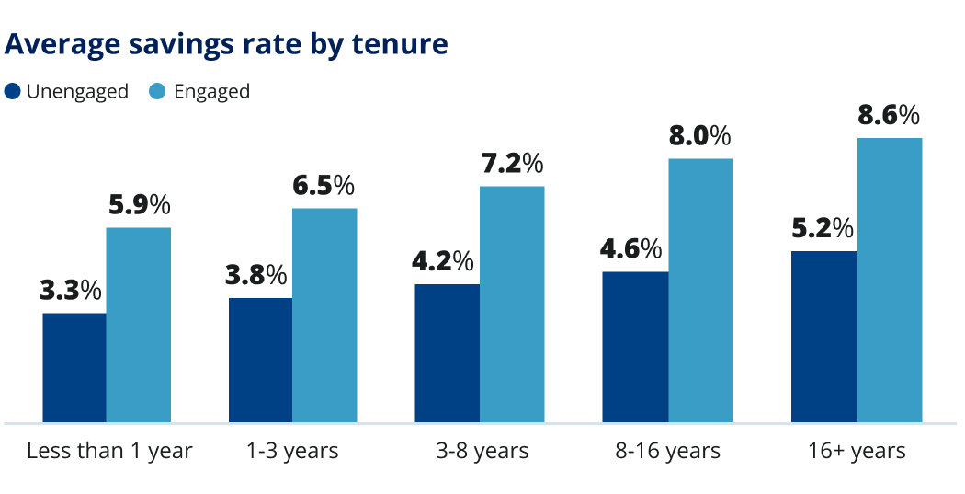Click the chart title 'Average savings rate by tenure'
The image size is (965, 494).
point(227,44)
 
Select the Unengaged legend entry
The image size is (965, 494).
point(66,91)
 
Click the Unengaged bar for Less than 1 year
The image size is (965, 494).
point(74,368)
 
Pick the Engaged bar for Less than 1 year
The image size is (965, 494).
point(139,325)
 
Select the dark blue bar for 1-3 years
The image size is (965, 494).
point(260,361)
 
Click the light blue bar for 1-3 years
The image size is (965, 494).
point(324,316)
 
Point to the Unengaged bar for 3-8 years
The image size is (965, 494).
point(447,353)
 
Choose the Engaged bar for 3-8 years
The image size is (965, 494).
point(512,304)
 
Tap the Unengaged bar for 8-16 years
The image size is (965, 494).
point(635,347)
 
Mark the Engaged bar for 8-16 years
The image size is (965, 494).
point(700,291)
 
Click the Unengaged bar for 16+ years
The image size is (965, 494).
point(823,337)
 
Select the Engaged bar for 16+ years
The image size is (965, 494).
point(890,281)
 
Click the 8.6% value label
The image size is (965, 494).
point(889,116)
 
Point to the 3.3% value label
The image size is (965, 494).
point(71,291)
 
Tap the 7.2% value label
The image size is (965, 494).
point(512,165)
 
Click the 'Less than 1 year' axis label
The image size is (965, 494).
point(109,451)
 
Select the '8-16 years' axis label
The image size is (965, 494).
point(667,451)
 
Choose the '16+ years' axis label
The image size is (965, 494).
point(857,451)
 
